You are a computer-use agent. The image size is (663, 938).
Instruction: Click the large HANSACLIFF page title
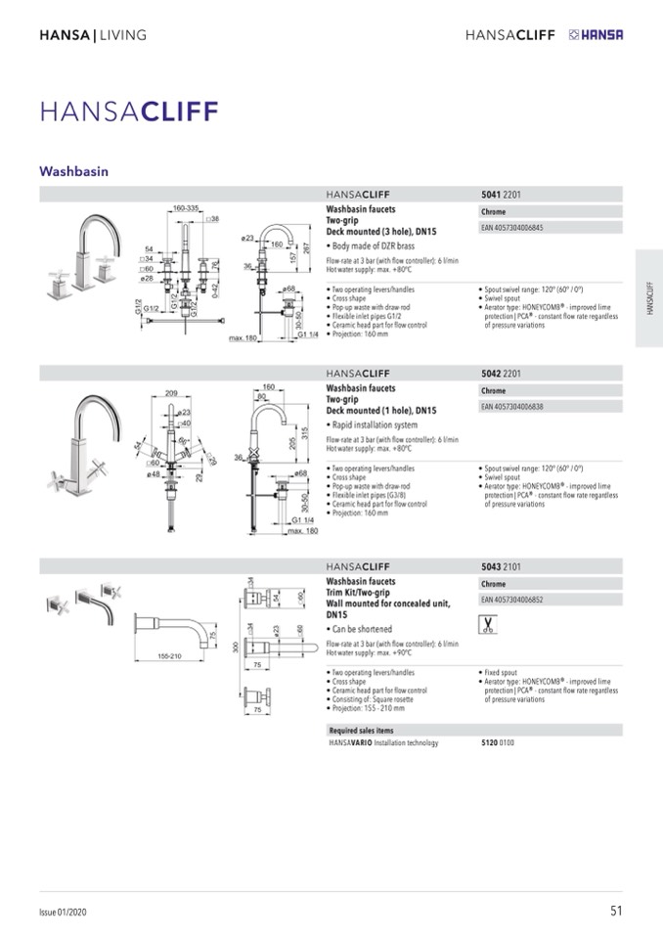pos(129,111)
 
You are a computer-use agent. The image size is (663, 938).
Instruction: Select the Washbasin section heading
pos(73,171)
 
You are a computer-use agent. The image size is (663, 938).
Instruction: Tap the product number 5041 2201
pos(501,195)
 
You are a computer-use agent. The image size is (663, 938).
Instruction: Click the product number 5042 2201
pos(501,373)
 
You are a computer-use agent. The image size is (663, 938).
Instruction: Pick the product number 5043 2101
pos(501,565)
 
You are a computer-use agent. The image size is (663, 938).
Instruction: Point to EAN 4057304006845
pos(512,228)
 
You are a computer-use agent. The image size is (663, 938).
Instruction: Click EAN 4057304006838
pos(512,406)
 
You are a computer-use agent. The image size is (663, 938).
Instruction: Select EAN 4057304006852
pos(512,599)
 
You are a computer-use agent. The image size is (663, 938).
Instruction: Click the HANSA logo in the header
pos(595,35)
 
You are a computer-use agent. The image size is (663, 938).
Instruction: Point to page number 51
pos(615,911)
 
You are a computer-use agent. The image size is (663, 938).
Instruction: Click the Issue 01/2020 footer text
pos(63,912)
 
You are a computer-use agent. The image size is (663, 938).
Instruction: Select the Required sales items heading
pos(361,730)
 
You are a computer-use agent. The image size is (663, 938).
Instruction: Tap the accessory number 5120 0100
pos(498,743)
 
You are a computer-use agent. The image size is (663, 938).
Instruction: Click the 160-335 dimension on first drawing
pos(186,208)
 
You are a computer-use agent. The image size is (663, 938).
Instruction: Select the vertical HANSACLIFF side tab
pos(649,297)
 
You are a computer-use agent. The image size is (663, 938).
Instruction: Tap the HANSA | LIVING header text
pos(92,35)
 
